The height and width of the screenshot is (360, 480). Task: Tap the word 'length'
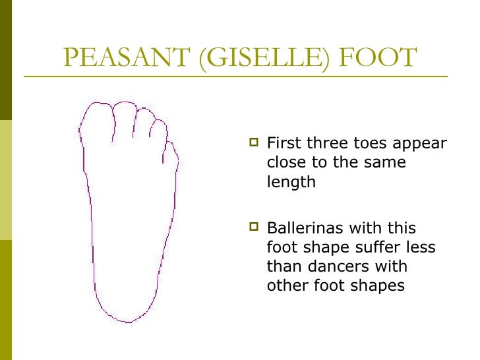click(291, 183)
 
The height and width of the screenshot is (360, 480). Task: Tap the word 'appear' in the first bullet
click(419, 144)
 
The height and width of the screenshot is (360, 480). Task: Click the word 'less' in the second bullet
click(422, 248)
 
